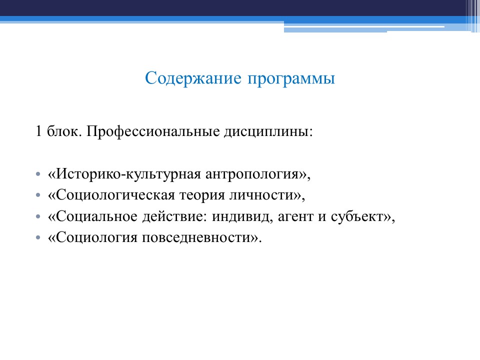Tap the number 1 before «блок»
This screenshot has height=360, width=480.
click(x=38, y=132)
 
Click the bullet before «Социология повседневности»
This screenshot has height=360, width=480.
click(x=38, y=239)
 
